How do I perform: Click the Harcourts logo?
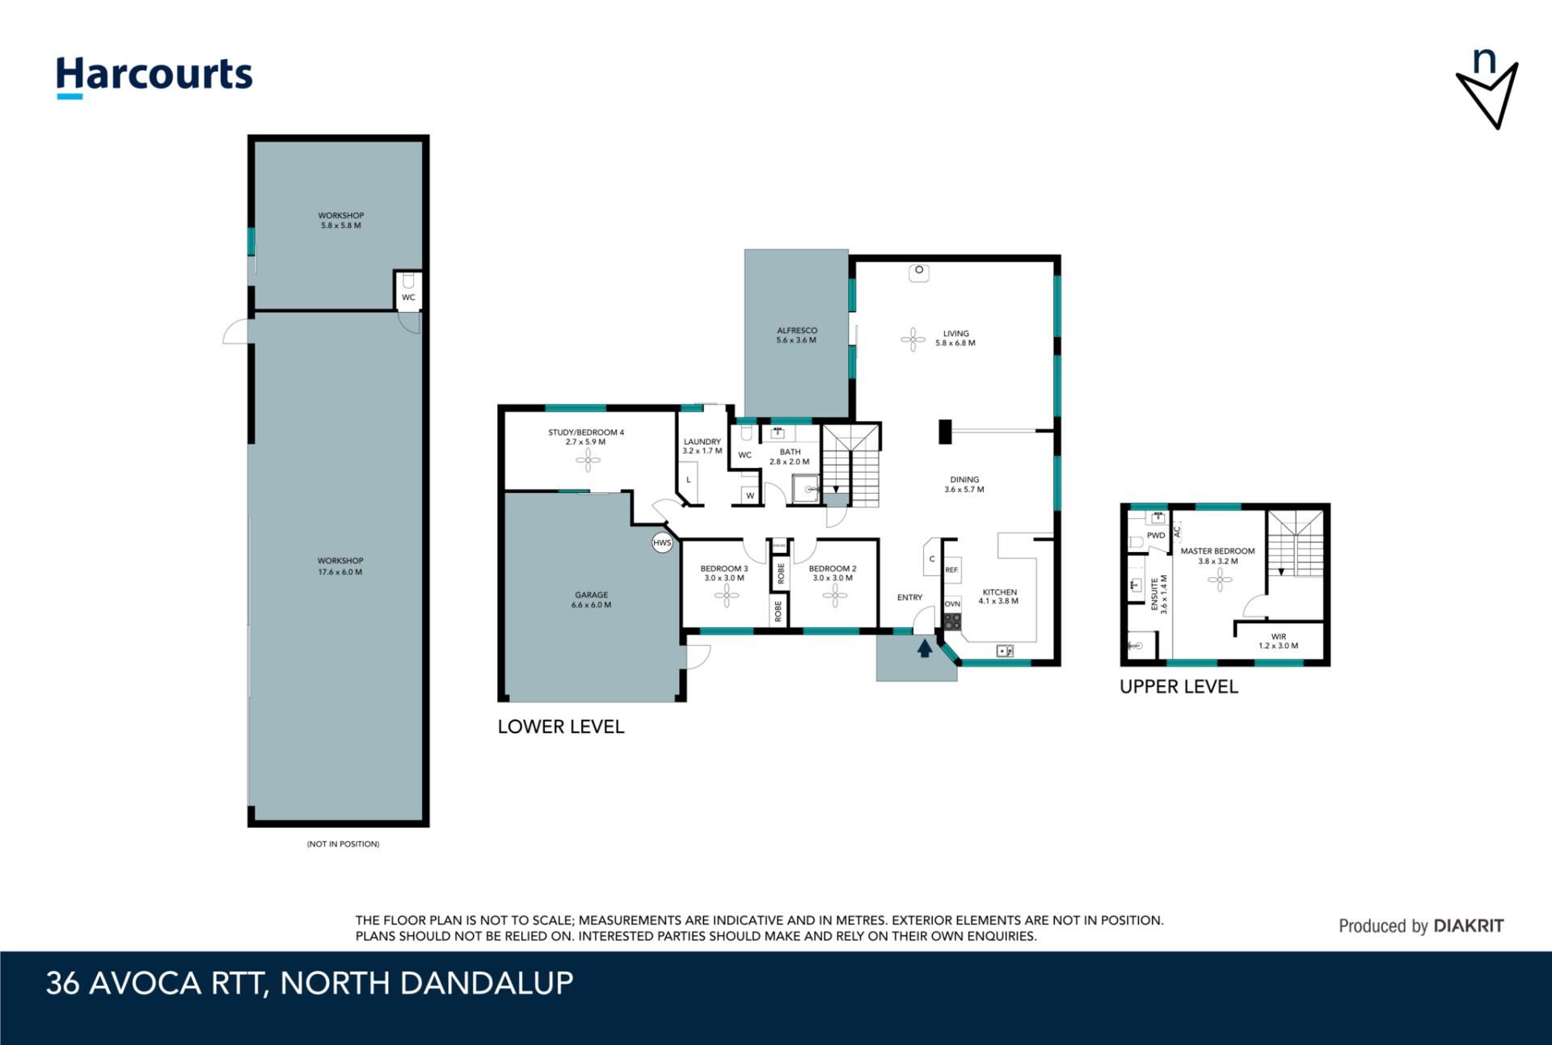tap(154, 78)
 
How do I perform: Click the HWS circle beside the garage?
tap(662, 543)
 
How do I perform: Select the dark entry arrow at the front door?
tap(925, 647)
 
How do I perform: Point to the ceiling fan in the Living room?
tap(913, 339)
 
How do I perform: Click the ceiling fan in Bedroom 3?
tap(726, 596)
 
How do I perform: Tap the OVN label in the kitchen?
tap(952, 604)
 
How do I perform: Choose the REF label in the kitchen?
tap(951, 570)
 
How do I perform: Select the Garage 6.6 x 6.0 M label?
tap(591, 600)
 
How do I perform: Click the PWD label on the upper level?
tap(1156, 535)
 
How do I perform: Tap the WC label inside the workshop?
tap(408, 297)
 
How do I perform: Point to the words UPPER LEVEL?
tap(1179, 687)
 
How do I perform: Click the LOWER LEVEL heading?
tap(561, 727)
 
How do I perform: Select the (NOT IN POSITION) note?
tap(343, 844)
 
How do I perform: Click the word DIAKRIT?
tap(1469, 926)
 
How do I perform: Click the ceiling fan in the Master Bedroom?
tap(1219, 579)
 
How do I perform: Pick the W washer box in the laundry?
tap(750, 495)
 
